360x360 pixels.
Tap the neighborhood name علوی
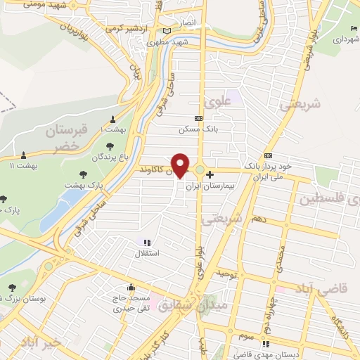coord(217,101)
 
